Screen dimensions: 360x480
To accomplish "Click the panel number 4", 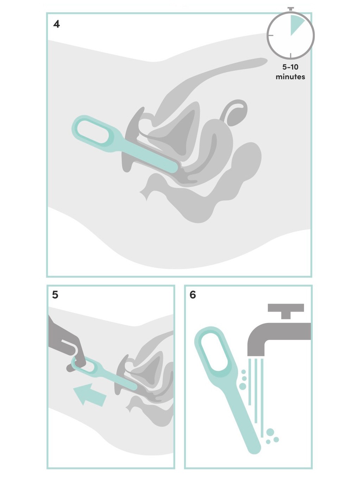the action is click(56, 24).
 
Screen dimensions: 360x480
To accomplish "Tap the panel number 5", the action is click(55, 295).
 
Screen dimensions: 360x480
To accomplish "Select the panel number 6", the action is click(193, 295).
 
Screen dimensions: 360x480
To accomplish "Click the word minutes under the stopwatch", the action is click(290, 77).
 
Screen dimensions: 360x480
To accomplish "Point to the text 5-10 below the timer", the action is click(290, 67).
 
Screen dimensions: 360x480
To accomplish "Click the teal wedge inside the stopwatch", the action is click(297, 25).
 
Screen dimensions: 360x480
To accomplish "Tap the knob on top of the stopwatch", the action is click(291, 9).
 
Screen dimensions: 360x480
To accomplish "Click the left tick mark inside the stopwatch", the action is click(271, 35).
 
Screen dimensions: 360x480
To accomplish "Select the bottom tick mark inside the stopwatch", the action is click(291, 55).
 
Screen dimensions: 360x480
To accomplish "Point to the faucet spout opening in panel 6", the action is click(256, 355).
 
